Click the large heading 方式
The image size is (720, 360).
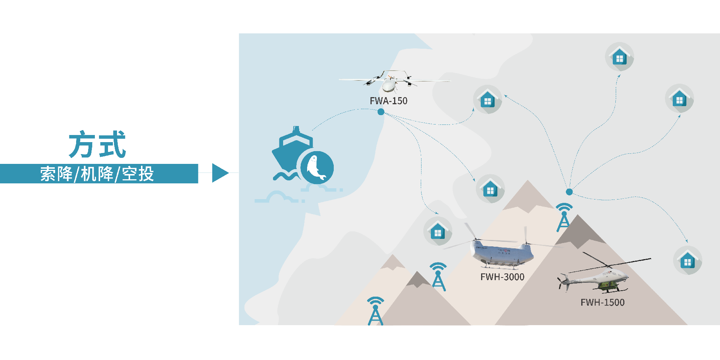point(97,144)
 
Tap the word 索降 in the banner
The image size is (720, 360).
point(56,174)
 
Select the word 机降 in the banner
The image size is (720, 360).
point(97,174)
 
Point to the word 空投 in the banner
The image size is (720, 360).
point(138,174)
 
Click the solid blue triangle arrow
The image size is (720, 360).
point(220,173)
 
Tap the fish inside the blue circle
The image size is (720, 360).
point(316,167)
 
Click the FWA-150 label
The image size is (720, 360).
point(388,101)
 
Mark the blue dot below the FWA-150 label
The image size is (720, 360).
point(381,112)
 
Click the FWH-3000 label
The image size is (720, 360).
point(502,277)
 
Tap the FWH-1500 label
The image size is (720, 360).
point(602,303)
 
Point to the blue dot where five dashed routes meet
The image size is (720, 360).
point(569,192)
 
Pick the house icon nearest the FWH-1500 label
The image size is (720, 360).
point(687,260)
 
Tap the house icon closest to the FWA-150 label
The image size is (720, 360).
point(487,99)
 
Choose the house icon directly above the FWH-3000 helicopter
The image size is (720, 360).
point(490,189)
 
